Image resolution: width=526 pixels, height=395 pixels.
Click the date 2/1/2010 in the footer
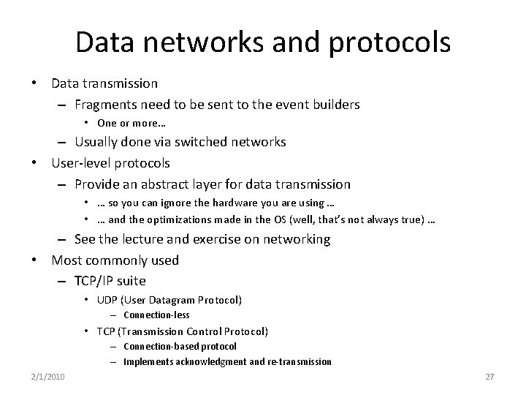(48, 376)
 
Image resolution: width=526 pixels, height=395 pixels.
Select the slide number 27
(489, 376)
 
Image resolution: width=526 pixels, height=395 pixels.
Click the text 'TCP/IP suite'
(110, 281)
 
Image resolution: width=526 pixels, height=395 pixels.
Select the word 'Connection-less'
(156, 315)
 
